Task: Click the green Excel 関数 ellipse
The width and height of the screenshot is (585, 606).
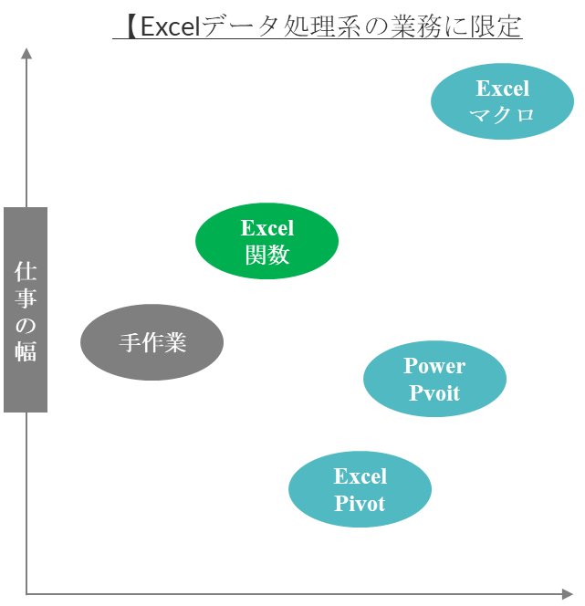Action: tap(266, 241)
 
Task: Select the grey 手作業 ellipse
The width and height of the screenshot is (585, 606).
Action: tap(151, 342)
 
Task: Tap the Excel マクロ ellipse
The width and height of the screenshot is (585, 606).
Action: tap(502, 101)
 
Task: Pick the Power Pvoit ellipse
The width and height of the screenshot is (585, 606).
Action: tap(434, 379)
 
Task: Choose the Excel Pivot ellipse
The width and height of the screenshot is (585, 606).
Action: tap(360, 490)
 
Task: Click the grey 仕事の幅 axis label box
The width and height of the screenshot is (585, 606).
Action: tap(26, 309)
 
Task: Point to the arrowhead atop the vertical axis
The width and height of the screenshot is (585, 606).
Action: tap(26, 54)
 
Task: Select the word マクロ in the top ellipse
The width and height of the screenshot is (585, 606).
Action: tap(502, 114)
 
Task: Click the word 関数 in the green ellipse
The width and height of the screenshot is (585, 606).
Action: tap(266, 255)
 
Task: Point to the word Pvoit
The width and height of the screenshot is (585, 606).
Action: tap(434, 393)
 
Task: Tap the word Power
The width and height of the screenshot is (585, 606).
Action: tap(434, 366)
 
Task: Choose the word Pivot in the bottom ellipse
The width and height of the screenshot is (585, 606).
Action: tap(360, 503)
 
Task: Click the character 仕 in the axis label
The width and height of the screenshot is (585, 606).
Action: tap(26, 272)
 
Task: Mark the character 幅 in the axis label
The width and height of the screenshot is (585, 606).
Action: tap(26, 350)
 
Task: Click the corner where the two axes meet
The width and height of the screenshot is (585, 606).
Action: tap(26, 594)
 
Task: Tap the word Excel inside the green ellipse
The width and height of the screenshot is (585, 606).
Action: tap(266, 228)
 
